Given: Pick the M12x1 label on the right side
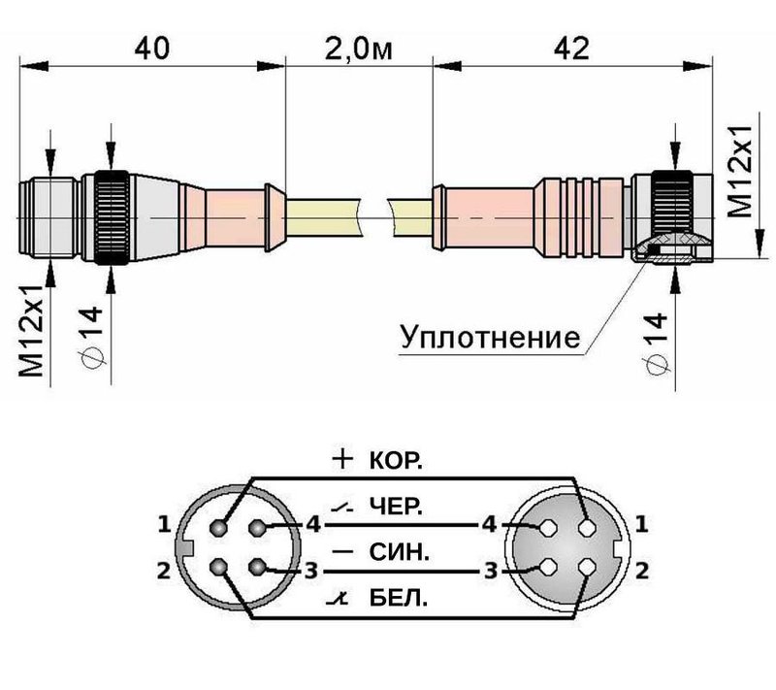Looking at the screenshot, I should point(742,176).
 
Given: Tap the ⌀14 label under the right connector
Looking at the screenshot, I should point(659,341).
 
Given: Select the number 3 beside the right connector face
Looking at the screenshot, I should point(493,570).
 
